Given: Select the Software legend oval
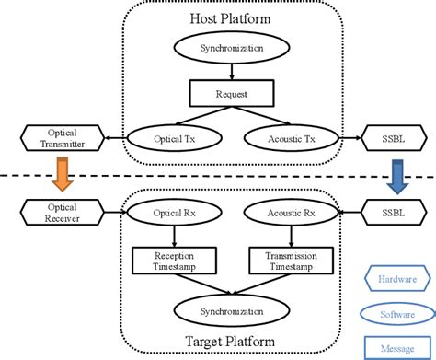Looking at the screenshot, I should coord(394,313).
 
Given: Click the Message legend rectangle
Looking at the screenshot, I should coord(394,346).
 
